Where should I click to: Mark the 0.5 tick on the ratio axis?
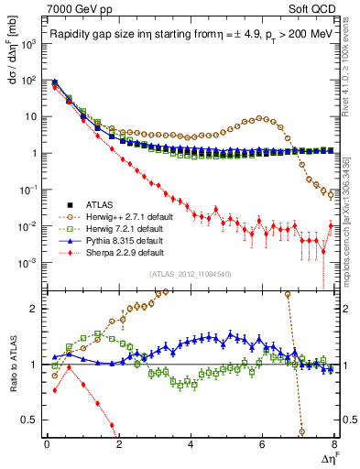point(35,420)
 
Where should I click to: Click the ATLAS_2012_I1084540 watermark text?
point(191,274)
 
